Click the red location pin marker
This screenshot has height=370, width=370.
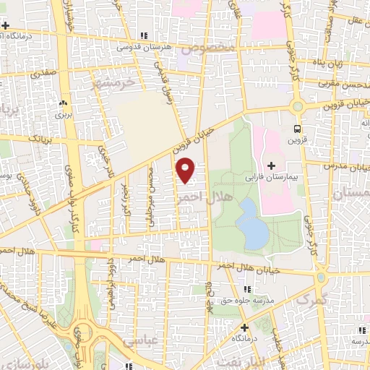pos(186,169)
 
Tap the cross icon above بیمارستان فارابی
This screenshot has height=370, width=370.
pos(271,166)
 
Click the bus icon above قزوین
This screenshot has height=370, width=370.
pos(297,129)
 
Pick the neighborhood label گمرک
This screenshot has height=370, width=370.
pos(312,298)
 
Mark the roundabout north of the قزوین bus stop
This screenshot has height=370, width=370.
pos(296,106)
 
